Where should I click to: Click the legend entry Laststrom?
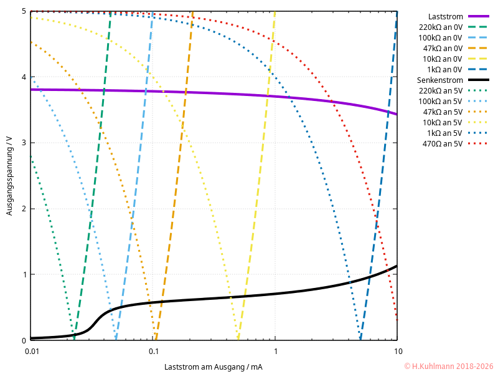click(x=445, y=16)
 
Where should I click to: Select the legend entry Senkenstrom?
click(x=439, y=80)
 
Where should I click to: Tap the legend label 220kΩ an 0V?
click(x=440, y=27)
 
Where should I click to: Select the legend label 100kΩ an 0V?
click(x=440, y=37)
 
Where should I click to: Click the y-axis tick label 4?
click(x=24, y=77)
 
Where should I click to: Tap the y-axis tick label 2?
click(x=24, y=209)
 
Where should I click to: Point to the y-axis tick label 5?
click(x=24, y=11)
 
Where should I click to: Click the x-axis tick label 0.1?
click(x=153, y=352)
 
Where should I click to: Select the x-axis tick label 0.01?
click(x=31, y=352)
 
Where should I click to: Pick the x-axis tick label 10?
click(x=397, y=352)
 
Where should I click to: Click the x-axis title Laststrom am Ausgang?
click(x=214, y=367)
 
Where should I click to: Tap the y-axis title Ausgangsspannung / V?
click(x=9, y=176)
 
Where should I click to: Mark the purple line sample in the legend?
click(x=479, y=16)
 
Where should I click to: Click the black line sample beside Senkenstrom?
click(x=479, y=80)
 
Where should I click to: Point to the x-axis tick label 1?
click(x=275, y=352)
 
